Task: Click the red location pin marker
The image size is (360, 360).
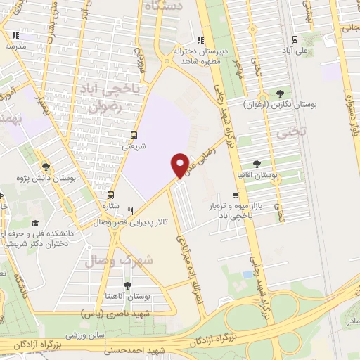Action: click(181, 165)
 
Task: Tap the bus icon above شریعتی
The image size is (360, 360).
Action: click(134, 136)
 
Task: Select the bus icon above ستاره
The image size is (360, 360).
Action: click(110, 195)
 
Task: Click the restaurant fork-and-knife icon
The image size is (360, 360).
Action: click(130, 210)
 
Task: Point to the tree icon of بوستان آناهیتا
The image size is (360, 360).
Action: click(127, 285)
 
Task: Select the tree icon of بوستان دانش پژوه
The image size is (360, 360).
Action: click(46, 167)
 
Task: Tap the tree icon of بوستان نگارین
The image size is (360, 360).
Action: click(281, 94)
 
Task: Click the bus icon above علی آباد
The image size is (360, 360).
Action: click(295, 39)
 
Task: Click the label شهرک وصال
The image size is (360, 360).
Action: click(109, 261)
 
